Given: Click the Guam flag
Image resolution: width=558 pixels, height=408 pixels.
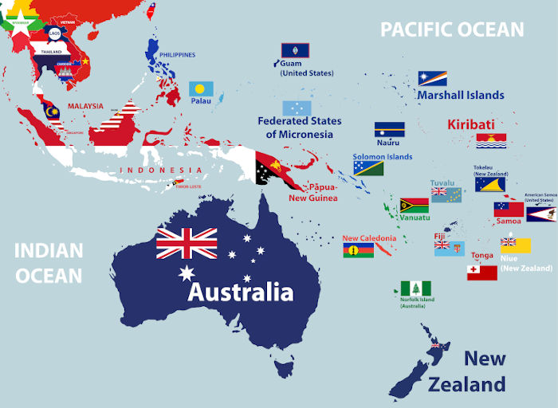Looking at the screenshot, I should [x=295, y=51].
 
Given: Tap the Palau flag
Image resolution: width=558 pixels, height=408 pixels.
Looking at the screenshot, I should [x=201, y=88].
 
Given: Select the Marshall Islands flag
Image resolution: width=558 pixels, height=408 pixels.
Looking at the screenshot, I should [x=433, y=78].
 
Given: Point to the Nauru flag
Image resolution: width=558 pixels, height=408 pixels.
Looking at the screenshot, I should [x=390, y=130].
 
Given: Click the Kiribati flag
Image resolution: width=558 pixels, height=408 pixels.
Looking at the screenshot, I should [x=492, y=141].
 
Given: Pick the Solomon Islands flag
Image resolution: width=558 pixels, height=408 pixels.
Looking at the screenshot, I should [x=368, y=168].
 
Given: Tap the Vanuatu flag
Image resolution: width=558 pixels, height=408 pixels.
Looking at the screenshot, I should [x=414, y=205].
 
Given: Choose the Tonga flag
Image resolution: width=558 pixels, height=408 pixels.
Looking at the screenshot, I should [x=481, y=273].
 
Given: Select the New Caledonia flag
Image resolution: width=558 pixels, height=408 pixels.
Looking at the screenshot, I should [x=358, y=250].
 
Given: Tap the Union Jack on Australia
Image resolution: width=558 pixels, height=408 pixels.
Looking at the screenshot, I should [x=187, y=243].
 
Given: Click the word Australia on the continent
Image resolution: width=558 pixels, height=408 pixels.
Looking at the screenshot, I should [x=240, y=292].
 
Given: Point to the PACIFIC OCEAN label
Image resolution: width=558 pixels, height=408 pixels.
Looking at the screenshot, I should [x=452, y=29].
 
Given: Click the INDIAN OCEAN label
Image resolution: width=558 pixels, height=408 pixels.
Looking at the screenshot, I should [x=49, y=263].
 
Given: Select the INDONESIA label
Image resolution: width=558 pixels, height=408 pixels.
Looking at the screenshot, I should [x=160, y=171].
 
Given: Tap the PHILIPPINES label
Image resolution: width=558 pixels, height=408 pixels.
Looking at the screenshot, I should [x=177, y=55].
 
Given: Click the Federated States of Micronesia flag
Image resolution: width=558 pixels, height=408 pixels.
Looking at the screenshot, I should [x=297, y=108].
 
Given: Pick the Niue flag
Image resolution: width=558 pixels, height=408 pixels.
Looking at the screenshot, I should [x=515, y=244].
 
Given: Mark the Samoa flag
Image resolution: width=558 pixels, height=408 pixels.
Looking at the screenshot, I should [x=509, y=209].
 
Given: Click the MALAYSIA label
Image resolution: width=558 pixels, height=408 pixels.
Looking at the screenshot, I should [x=85, y=106].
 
